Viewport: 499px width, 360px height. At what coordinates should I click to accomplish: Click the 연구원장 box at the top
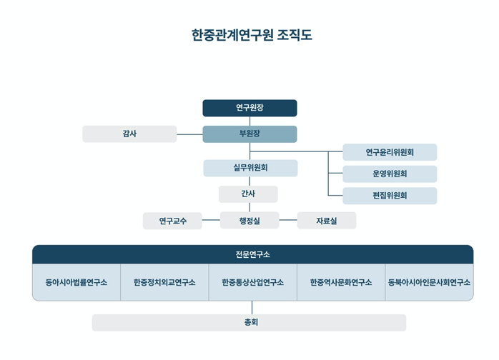pyautogui.click(x=249, y=108)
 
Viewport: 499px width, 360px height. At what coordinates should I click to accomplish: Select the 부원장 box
pyautogui.click(x=249, y=134)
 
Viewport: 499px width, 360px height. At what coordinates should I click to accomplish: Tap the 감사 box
pyautogui.click(x=129, y=134)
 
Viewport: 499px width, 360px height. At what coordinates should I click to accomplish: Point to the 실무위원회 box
pyautogui.click(x=250, y=168)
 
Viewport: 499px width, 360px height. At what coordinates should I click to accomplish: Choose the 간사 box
pyautogui.click(x=248, y=194)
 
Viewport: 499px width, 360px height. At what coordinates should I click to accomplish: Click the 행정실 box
pyautogui.click(x=249, y=221)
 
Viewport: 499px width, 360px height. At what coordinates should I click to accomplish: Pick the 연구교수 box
pyautogui.click(x=172, y=221)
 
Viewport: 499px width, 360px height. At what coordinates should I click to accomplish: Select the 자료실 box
pyautogui.click(x=327, y=221)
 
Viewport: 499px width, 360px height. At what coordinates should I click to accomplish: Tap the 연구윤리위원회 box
pyautogui.click(x=390, y=152)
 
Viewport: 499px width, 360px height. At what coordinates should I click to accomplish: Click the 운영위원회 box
pyautogui.click(x=390, y=174)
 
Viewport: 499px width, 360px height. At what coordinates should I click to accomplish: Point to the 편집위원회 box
pyautogui.click(x=390, y=196)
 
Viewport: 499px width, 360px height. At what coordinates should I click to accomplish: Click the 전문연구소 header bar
pyautogui.click(x=252, y=254)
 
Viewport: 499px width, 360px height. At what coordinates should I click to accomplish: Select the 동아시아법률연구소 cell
pyautogui.click(x=76, y=282)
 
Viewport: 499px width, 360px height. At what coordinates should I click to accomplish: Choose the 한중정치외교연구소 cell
pyautogui.click(x=164, y=282)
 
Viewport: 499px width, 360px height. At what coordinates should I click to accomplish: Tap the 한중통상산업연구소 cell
pyautogui.click(x=252, y=282)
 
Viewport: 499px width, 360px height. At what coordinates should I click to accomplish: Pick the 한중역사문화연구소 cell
pyautogui.click(x=341, y=282)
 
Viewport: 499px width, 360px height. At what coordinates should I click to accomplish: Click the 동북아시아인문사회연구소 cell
pyautogui.click(x=430, y=282)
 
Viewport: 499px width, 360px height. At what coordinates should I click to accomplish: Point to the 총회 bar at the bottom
pyautogui.click(x=249, y=323)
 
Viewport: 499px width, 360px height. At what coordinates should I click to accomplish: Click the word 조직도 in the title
pyautogui.click(x=295, y=35)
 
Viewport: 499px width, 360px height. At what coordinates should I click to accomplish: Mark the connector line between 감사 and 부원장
pyautogui.click(x=189, y=134)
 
